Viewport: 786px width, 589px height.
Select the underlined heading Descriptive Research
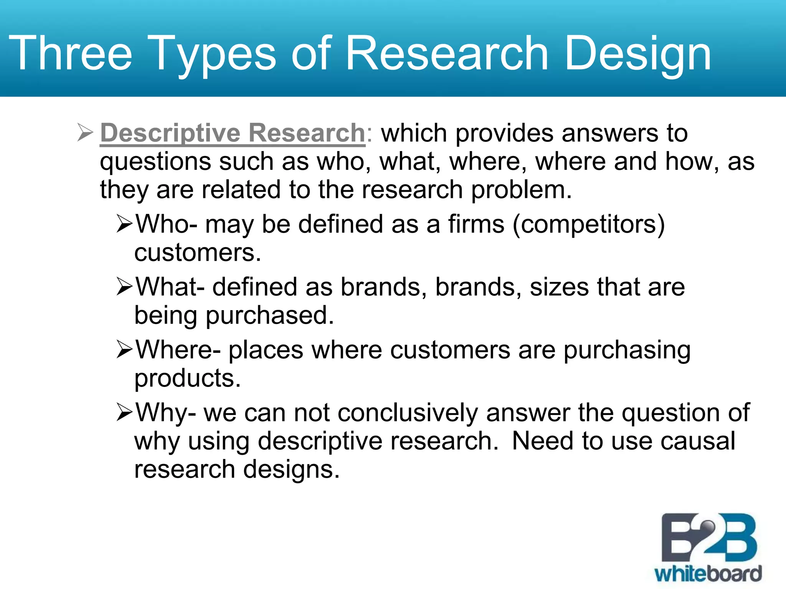point(233,133)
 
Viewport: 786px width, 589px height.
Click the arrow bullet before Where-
point(125,350)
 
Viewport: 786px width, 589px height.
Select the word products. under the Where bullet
point(187,378)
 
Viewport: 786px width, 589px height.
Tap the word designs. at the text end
point(291,469)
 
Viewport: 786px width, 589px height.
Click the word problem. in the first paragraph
point(521,189)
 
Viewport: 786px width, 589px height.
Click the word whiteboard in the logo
point(708,574)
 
